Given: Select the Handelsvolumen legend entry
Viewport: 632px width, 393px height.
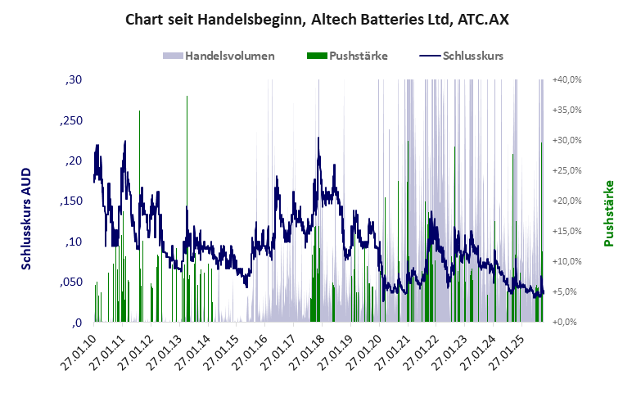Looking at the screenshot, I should (x=219, y=56).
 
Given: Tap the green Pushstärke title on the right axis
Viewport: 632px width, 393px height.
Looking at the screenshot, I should (x=608, y=214).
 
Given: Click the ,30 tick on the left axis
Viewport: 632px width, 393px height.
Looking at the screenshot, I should (x=74, y=80).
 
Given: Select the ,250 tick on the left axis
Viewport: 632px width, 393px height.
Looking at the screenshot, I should (x=71, y=120).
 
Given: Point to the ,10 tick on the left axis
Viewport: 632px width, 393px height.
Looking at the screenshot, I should (x=74, y=242).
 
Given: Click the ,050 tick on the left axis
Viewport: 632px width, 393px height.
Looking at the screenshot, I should (x=71, y=282).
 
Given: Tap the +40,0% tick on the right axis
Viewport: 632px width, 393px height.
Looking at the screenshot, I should (x=567, y=80).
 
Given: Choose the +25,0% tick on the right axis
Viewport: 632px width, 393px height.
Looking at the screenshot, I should (x=567, y=170).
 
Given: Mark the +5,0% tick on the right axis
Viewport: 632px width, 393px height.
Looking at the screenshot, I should (x=567, y=291).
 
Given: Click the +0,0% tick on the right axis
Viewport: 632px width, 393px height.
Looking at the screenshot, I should (x=567, y=322).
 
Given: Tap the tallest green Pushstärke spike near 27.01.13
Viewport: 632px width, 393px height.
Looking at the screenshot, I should (x=187, y=164).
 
